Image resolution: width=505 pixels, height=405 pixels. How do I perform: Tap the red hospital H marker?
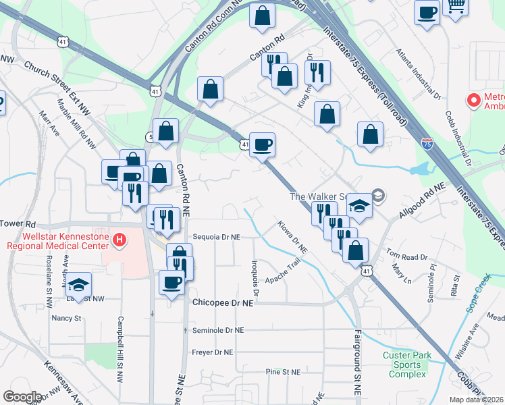pyautogui.click(x=119, y=239)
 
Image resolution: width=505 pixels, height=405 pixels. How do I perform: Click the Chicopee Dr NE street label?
pyautogui.click(x=222, y=304)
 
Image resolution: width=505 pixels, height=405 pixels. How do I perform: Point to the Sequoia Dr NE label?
pyautogui.click(x=216, y=238)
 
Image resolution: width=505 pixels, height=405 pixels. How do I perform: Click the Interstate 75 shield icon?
pyautogui.click(x=427, y=143)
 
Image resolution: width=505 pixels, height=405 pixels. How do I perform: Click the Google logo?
pyautogui.click(x=22, y=397)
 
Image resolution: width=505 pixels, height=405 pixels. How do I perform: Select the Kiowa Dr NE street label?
pyautogui.click(x=292, y=238)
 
